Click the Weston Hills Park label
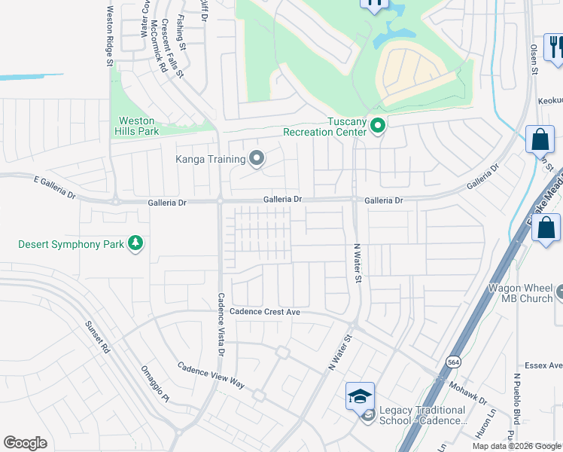point(135,126)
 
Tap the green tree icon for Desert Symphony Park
point(135,243)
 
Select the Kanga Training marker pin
point(257,158)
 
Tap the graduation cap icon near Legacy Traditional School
point(360,395)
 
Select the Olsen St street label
point(534,59)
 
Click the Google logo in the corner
point(25,443)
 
